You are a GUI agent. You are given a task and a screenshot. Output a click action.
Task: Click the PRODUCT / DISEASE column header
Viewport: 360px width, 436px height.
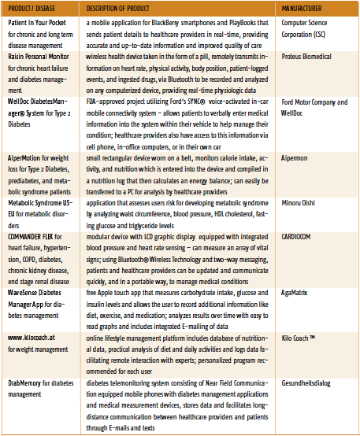32,9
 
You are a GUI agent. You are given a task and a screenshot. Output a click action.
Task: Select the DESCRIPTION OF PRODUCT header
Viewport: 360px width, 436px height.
117,9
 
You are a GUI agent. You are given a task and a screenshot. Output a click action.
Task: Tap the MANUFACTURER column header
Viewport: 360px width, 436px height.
302,9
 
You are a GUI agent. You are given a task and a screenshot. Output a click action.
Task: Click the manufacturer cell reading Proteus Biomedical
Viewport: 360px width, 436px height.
306,57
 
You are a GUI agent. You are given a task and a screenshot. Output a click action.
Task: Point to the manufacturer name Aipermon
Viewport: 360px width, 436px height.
295,158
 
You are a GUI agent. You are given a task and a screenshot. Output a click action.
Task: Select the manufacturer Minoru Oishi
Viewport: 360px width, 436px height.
299,203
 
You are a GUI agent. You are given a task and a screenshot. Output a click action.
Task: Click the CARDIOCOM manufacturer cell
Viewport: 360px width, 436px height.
296,237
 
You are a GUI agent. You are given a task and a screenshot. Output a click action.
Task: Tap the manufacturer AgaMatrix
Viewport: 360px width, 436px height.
295,293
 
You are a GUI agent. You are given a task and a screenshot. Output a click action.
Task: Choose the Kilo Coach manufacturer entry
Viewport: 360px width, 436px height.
298,338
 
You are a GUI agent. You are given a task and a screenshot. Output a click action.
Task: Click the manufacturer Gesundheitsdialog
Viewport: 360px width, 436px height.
306,383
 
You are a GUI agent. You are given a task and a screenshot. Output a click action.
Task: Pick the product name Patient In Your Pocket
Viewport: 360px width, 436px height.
37,23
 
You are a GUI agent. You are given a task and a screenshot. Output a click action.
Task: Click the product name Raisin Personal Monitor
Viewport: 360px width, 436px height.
39,57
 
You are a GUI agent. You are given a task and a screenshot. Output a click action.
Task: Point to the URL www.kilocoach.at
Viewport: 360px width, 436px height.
32,338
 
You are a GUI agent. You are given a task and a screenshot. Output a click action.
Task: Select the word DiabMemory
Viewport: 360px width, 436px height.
24,383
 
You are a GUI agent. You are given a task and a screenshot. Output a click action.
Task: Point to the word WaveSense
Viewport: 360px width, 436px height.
22,293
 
